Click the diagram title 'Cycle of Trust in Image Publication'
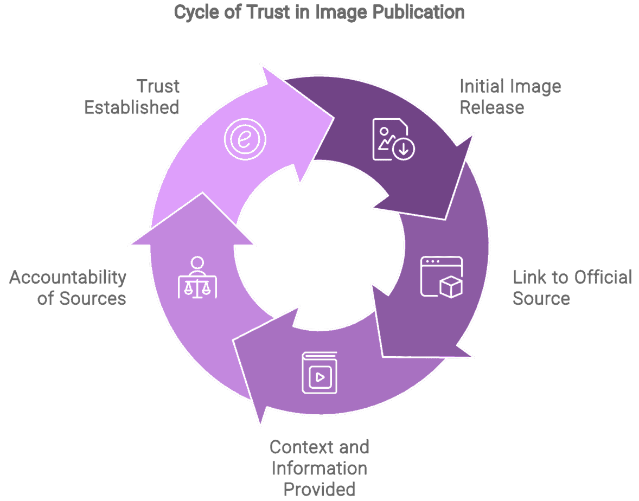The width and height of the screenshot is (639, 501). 319,12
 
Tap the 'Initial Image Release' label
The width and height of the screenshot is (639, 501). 510,97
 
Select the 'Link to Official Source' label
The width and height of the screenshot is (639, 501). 572,287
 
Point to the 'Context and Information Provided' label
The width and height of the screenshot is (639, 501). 319,468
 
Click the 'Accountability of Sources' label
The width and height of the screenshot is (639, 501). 68,287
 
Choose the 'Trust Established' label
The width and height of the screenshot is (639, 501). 132,97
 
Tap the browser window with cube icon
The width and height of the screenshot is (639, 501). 442,277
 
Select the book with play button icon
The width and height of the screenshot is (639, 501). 319,372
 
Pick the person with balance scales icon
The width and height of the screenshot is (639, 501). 197,278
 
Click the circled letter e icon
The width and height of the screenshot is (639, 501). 245,139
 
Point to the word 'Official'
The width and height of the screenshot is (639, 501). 602,277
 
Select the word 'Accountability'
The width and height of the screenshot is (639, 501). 68,277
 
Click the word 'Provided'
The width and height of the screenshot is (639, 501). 319,489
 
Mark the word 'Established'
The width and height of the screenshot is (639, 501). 132,107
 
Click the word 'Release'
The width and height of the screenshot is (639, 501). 491,107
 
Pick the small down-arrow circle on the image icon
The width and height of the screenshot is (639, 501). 403,148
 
